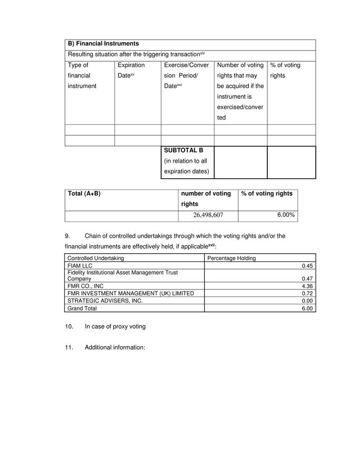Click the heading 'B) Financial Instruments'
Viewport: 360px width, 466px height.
tap(103, 44)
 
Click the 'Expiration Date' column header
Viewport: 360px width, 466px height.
tap(131, 70)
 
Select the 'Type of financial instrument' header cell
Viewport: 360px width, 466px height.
tap(82, 75)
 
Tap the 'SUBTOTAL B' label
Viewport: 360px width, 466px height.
tap(184, 151)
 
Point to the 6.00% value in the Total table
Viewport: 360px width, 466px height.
tap(286, 215)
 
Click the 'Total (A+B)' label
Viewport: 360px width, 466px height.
tap(84, 193)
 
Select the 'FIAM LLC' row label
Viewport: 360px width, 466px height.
tap(79, 265)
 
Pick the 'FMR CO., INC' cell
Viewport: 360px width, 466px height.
tap(85, 286)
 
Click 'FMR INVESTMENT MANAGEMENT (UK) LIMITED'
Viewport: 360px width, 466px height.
tap(131, 293)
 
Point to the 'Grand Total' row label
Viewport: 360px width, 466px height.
tap(82, 308)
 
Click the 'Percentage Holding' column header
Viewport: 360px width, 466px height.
tap(231, 258)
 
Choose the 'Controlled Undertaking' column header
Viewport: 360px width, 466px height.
tap(96, 258)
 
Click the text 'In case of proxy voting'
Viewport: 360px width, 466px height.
tap(115, 326)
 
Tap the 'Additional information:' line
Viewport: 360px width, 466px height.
tap(114, 347)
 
